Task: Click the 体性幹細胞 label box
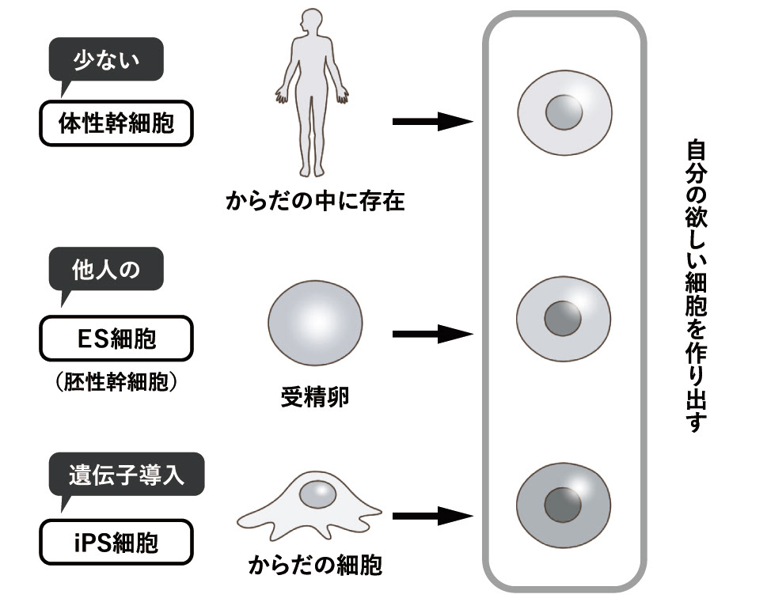point(116,123)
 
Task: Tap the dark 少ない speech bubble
point(106,62)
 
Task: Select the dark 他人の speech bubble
point(106,271)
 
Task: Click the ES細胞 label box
point(116,339)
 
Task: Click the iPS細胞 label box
point(116,542)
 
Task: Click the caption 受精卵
point(315,396)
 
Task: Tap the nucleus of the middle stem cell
point(563,319)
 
